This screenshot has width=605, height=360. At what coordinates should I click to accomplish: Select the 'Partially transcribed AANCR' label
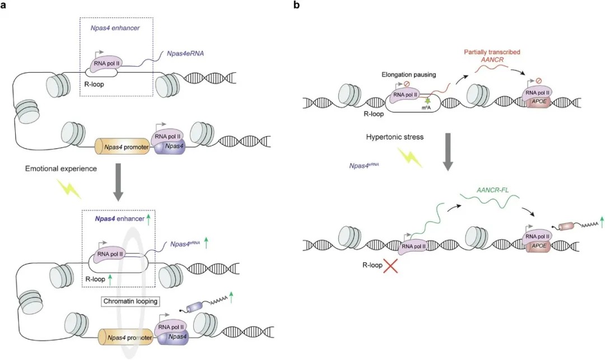point(492,57)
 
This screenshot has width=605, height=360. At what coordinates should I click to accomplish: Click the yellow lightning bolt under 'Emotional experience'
point(71,189)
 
